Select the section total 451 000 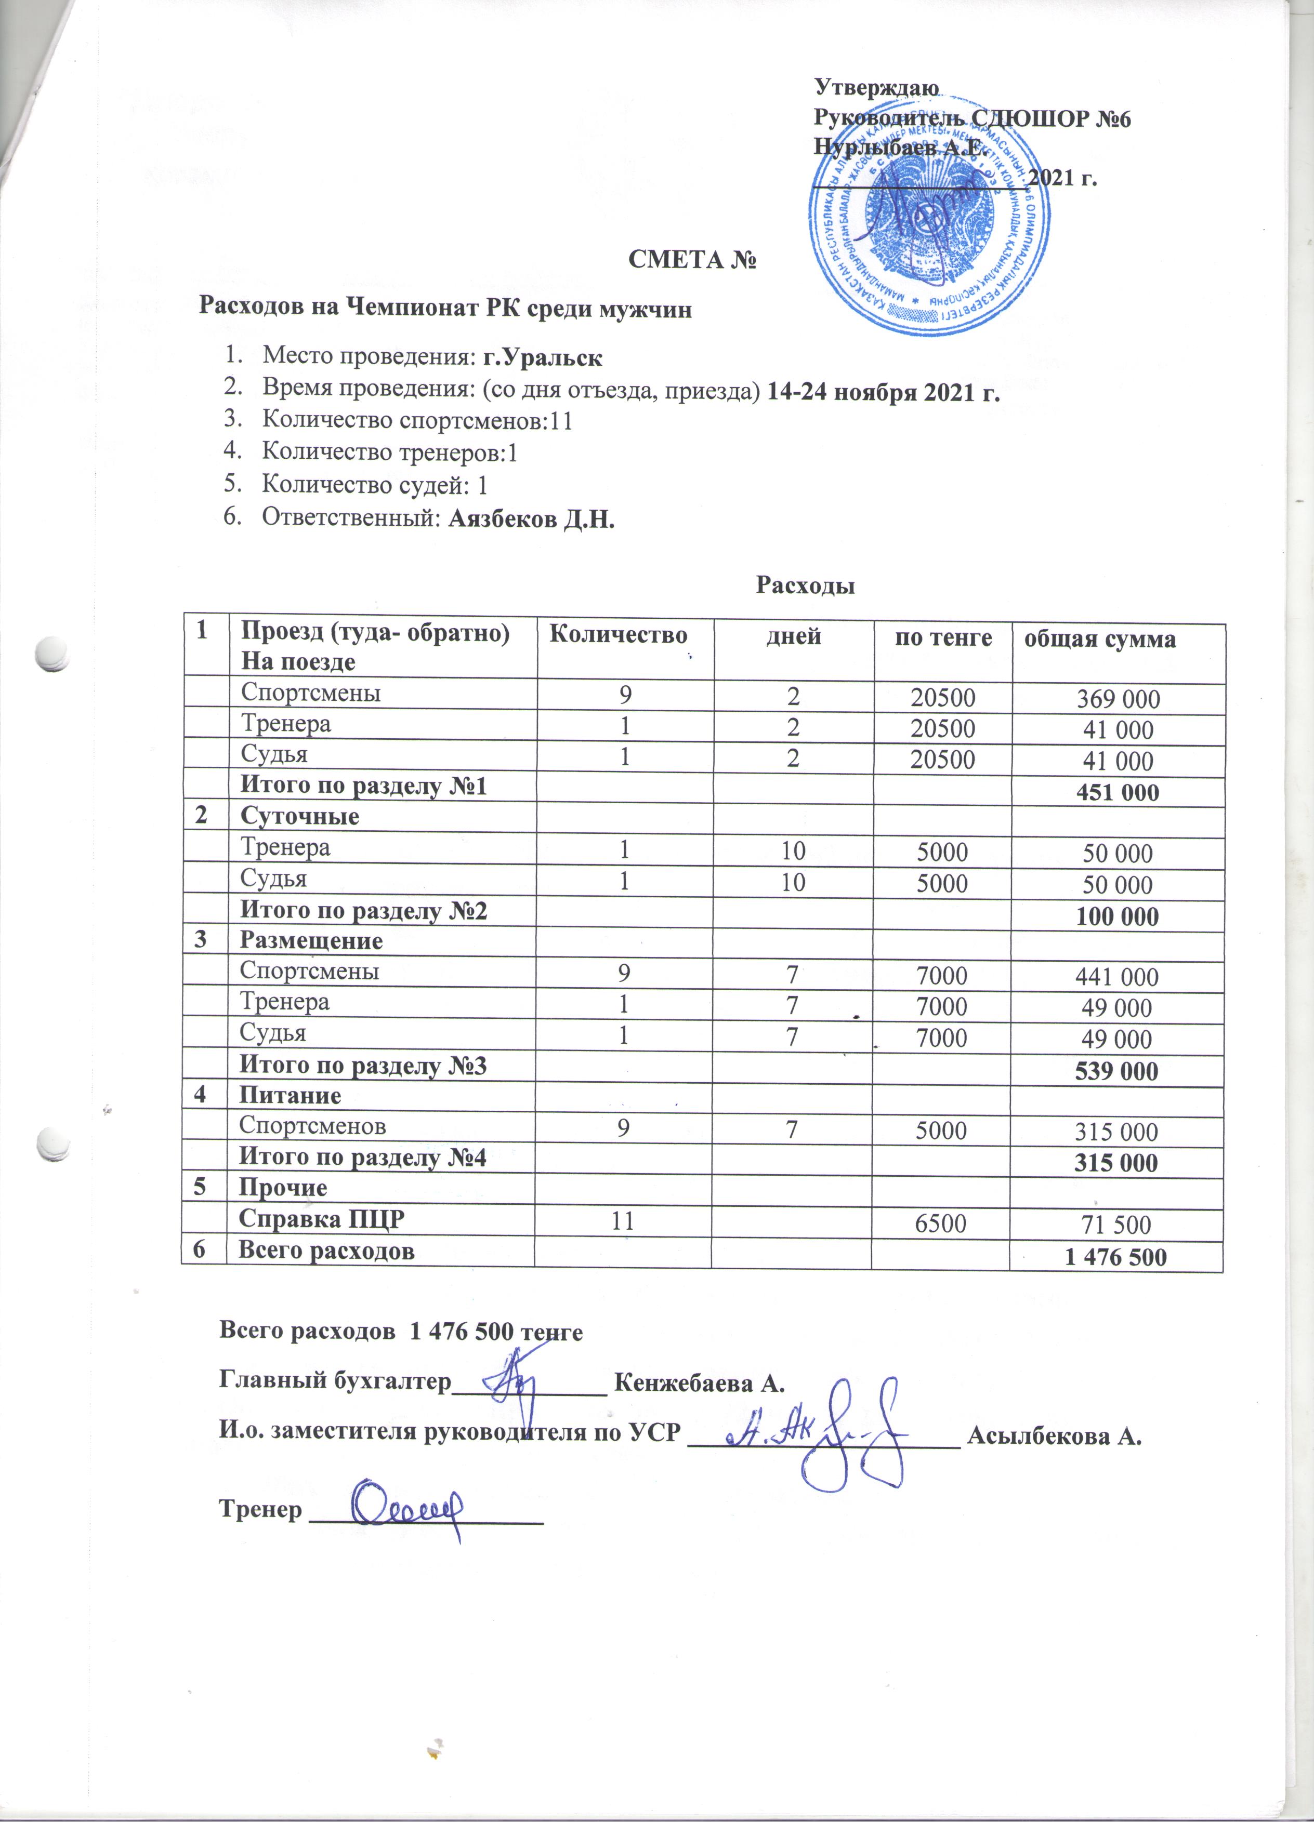pos(1117,793)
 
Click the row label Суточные pos(300,816)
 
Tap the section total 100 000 pos(1117,916)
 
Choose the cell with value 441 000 pos(1117,977)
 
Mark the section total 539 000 pos(1116,1071)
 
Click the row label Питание pos(290,1095)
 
